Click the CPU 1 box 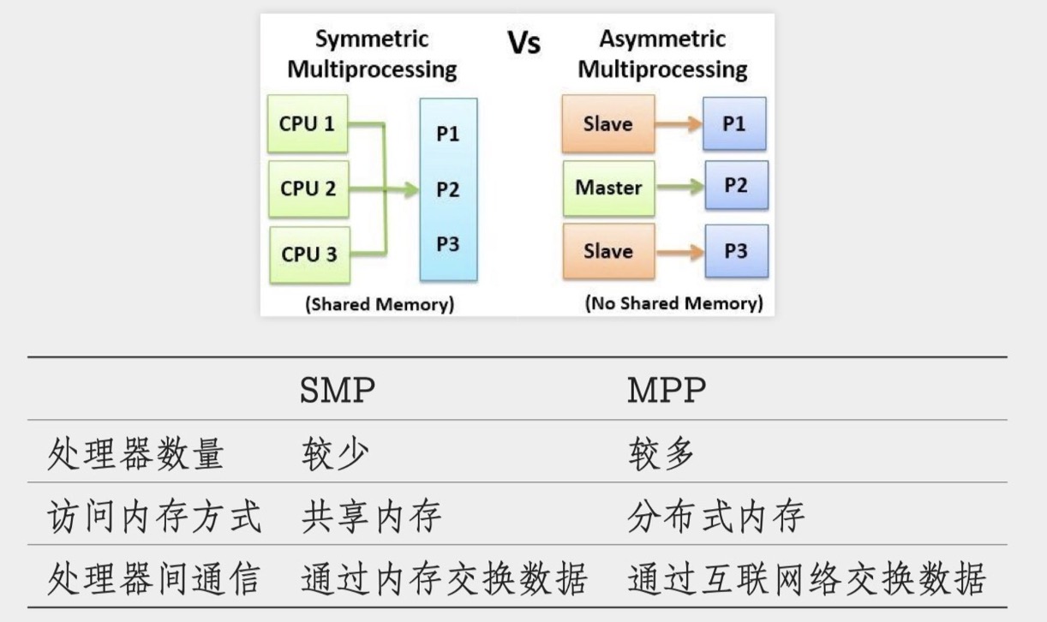[x=308, y=124]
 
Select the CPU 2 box [x=308, y=188]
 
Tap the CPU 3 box [x=309, y=254]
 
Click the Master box [x=608, y=188]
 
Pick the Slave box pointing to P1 [x=607, y=124]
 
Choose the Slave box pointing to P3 [x=607, y=252]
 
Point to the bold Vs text [x=523, y=44]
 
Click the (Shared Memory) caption [x=380, y=304]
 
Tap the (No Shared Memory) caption [x=673, y=303]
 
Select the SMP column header [x=338, y=391]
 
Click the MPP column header [x=667, y=391]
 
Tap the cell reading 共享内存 [x=371, y=517]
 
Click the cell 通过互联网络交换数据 [x=806, y=579]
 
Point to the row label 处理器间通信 [x=153, y=579]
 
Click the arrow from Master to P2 [x=679, y=187]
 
